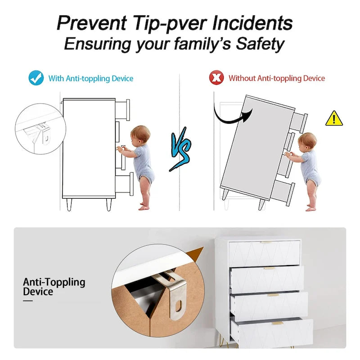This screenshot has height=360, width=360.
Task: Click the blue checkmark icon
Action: point(36,78)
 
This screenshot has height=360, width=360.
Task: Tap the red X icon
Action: point(217,78)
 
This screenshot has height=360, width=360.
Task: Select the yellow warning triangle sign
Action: point(333,118)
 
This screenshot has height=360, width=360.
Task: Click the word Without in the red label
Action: point(242,78)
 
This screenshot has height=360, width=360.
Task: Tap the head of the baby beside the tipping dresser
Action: point(307,141)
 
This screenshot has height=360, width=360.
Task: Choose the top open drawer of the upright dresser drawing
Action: point(123,108)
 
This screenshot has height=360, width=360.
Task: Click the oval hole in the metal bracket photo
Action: point(180,306)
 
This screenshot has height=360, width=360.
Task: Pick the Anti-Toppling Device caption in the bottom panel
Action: point(54,287)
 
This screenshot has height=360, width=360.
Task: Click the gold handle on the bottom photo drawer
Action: point(278,323)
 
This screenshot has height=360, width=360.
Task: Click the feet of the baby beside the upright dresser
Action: point(144,207)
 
